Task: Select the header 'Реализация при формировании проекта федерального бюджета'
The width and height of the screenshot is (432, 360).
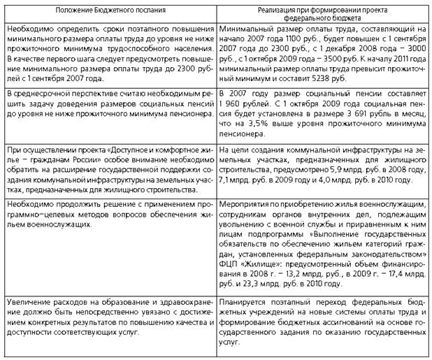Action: coord(322,13)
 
